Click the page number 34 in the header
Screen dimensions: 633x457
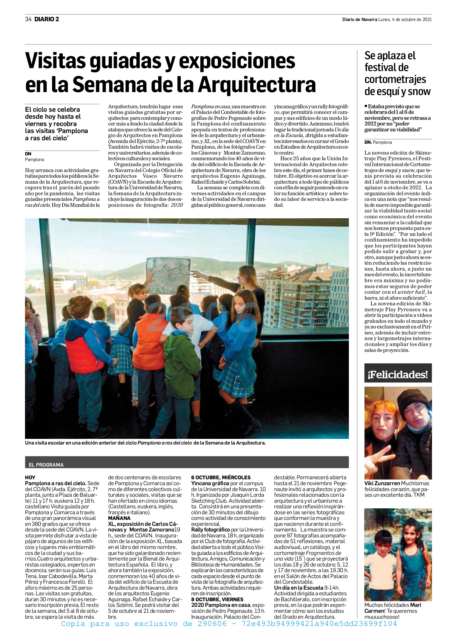[x=28, y=19]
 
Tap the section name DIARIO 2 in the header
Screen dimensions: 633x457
[x=47, y=19]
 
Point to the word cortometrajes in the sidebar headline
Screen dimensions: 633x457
[x=395, y=79]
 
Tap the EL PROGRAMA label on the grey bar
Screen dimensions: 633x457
[x=46, y=464]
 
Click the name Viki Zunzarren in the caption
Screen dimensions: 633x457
[x=382, y=483]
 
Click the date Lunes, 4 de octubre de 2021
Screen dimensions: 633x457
[x=405, y=19]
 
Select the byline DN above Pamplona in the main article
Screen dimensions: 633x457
[x=28, y=154]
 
